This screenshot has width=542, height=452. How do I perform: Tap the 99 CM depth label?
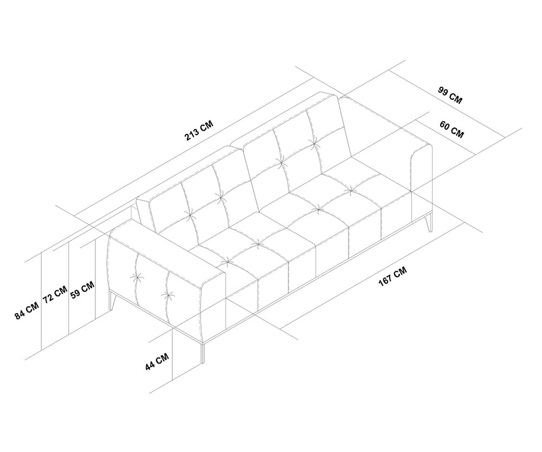click(450, 96)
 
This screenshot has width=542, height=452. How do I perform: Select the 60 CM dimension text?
click(451, 130)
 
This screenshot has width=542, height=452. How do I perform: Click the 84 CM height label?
click(27, 310)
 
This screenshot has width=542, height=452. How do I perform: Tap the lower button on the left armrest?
click(168, 296)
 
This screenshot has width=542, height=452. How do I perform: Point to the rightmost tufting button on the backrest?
click(314, 143)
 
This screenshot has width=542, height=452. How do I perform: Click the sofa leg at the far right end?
click(430, 223)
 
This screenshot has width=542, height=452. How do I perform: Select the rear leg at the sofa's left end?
click(112, 302)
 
